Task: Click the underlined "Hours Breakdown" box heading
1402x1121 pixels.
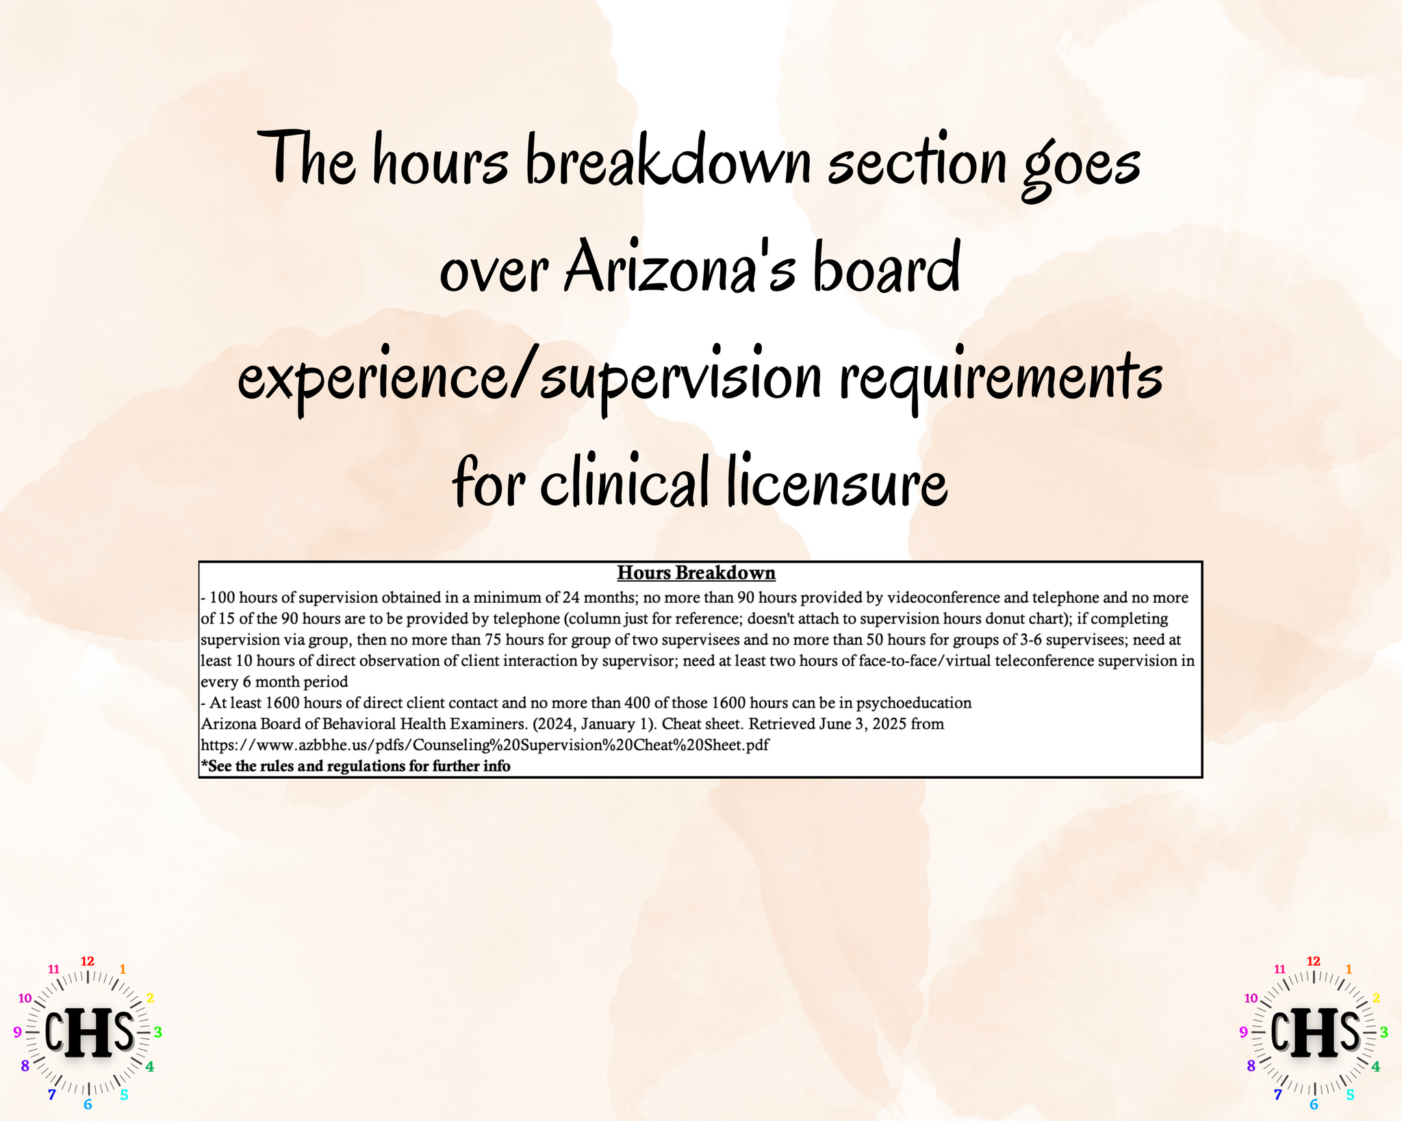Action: [x=696, y=573]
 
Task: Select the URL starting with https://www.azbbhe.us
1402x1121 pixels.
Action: [x=485, y=745]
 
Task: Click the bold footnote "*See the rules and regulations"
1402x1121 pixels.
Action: [x=355, y=766]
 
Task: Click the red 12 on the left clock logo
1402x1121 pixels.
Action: [x=88, y=961]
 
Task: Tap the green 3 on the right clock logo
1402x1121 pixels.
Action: [x=1384, y=1032]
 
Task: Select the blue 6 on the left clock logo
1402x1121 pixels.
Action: [x=88, y=1104]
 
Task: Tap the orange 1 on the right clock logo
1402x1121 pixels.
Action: [x=1349, y=969]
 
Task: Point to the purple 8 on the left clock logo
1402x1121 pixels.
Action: [x=25, y=1066]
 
